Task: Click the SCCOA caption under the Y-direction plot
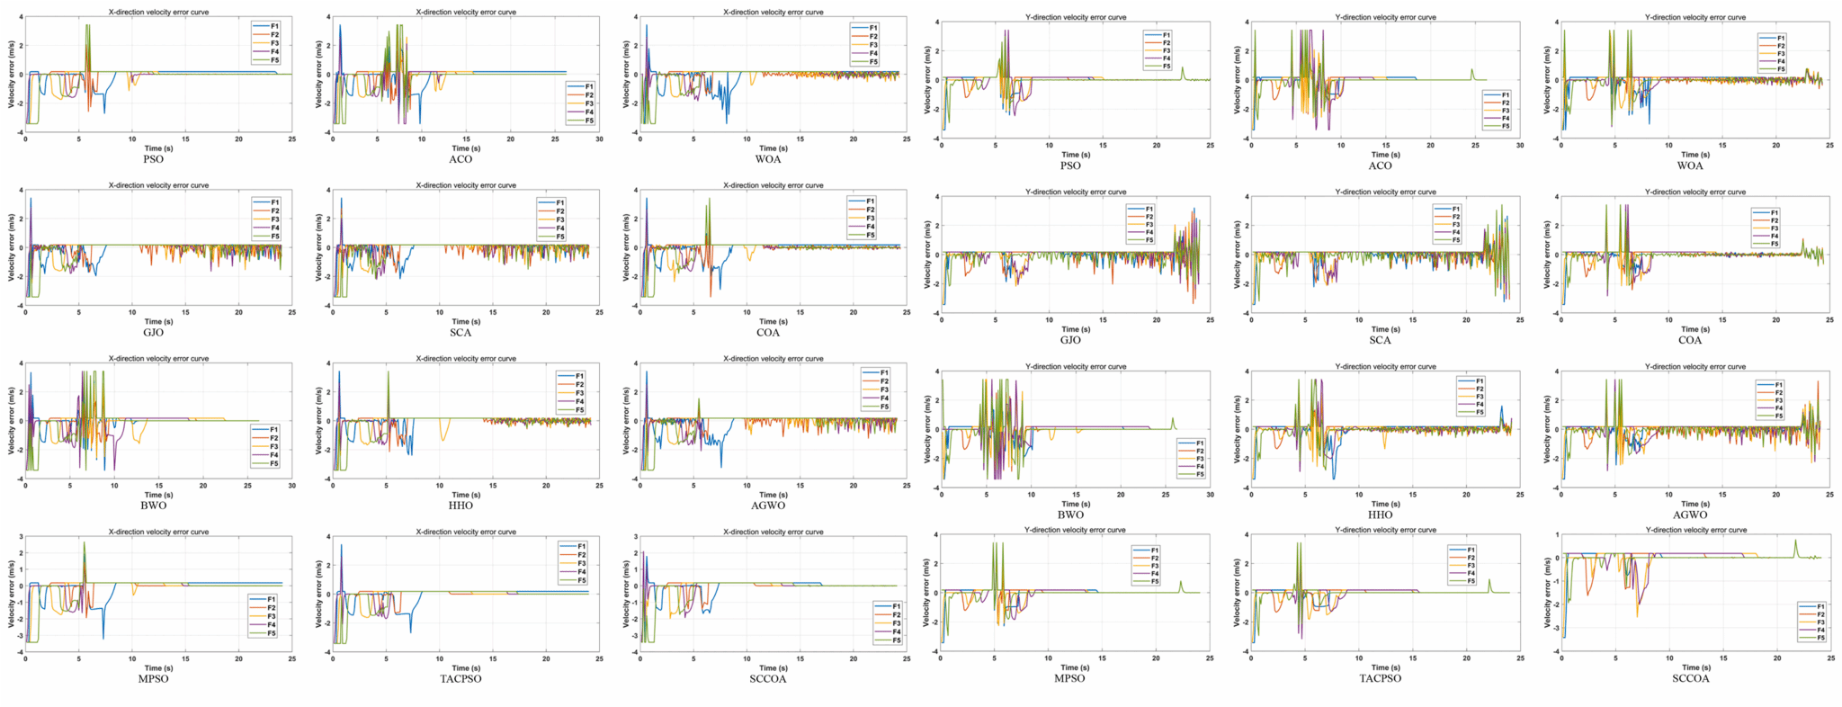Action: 1690,678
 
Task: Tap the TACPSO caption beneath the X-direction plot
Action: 460,678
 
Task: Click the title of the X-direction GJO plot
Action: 158,185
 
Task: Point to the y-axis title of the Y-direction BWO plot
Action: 928,429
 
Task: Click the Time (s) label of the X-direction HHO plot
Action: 466,495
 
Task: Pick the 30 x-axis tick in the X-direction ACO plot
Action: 599,139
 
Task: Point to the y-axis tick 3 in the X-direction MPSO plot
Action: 20,536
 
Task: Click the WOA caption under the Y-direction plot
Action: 1690,166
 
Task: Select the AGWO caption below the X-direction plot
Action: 768,506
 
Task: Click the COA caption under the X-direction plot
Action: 768,333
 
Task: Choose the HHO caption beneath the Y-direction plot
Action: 1380,515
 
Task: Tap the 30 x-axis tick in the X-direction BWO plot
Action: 291,486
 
